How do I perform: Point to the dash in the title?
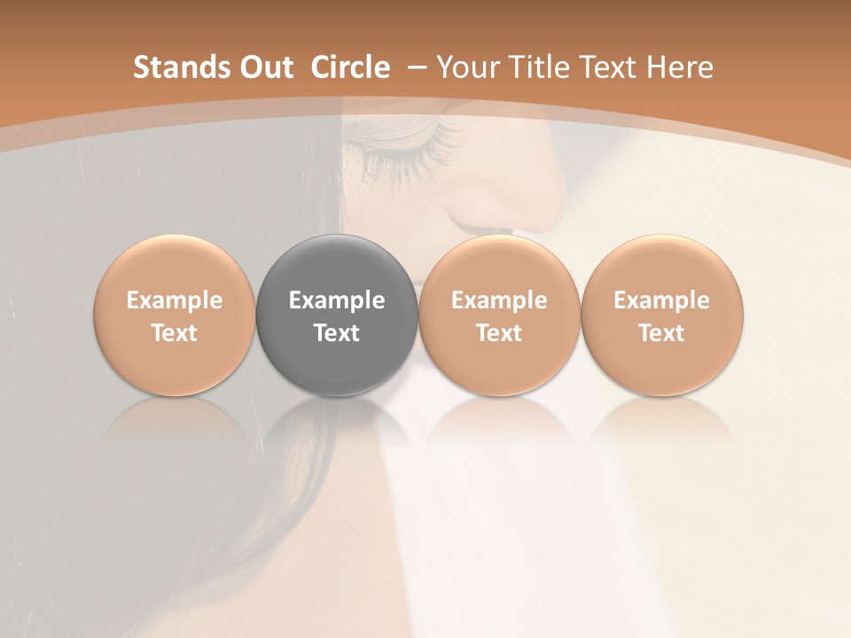(x=415, y=67)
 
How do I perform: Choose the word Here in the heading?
(x=680, y=67)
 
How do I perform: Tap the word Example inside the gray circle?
(x=337, y=300)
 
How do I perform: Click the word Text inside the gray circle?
(x=337, y=333)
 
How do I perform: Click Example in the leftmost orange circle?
(x=175, y=300)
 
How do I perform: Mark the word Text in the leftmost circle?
(x=175, y=333)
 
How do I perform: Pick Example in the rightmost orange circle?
(x=662, y=300)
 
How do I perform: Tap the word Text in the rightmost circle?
(x=662, y=333)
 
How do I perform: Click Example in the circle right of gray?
(x=499, y=300)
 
